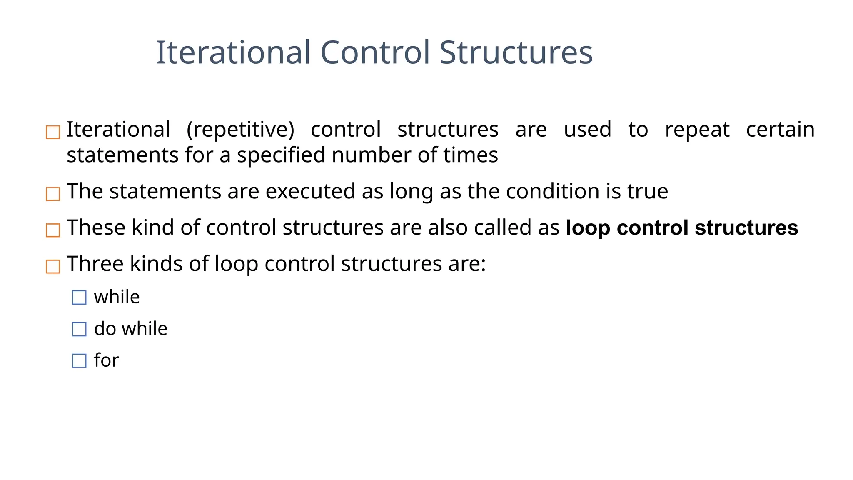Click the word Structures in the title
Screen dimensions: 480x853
(x=516, y=52)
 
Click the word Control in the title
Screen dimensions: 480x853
(x=374, y=52)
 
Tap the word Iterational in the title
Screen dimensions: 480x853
(x=233, y=52)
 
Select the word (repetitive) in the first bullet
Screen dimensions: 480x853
(x=240, y=130)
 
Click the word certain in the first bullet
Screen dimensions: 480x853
(x=780, y=130)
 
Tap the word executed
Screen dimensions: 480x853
(x=310, y=192)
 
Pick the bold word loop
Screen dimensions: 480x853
(x=589, y=228)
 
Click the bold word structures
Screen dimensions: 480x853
(x=746, y=228)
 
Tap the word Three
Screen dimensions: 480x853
(x=95, y=264)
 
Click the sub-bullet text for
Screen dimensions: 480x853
(x=106, y=360)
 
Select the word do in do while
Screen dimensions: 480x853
(x=105, y=329)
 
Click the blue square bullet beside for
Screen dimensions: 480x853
(x=79, y=361)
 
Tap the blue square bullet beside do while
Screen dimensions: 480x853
(x=79, y=329)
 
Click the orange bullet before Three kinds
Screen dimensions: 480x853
(x=53, y=266)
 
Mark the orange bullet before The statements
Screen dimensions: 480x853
(x=53, y=194)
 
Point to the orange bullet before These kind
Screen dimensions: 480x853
(x=53, y=230)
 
